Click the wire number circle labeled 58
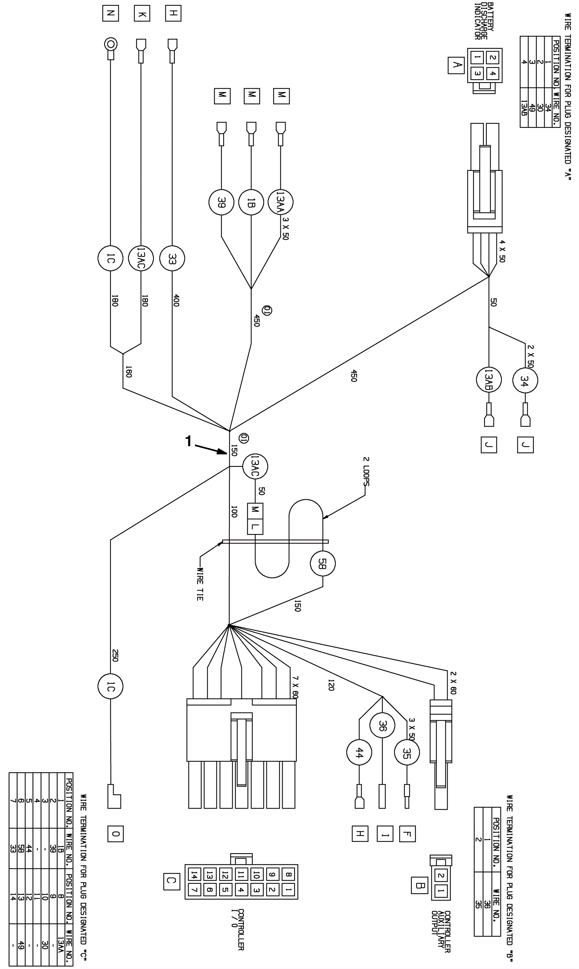pos(323,564)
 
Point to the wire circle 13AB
pos(489,379)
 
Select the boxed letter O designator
pos(115,834)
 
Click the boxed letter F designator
pos(407,834)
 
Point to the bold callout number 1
pos(189,441)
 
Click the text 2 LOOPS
pos(366,471)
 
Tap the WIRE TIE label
pos(200,584)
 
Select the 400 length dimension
pos(176,301)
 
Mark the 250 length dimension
pos(115,655)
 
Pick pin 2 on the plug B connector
pos(441,876)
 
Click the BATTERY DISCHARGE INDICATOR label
pos(484,21)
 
